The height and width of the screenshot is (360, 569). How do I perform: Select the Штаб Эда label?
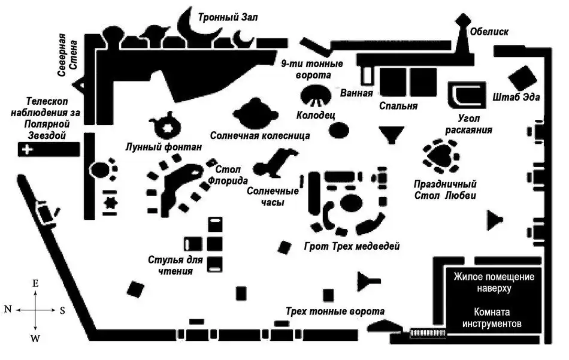click(519, 98)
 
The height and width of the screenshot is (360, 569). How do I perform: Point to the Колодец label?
click(315, 114)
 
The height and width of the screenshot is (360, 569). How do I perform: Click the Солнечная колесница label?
click(260, 136)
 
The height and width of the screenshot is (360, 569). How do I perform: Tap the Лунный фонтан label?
click(164, 147)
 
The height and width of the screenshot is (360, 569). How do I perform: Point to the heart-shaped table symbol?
click(441, 154)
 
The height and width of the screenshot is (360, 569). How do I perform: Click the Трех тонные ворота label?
click(335, 311)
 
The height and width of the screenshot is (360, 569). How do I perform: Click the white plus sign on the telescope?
click(26, 150)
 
